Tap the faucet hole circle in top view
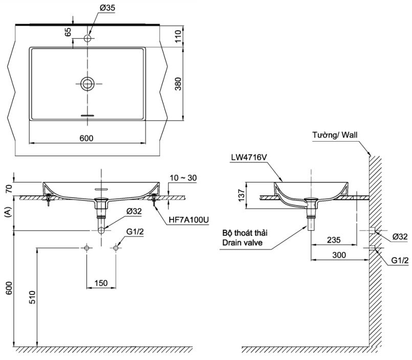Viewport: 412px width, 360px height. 88,38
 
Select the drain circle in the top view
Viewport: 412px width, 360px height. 88,83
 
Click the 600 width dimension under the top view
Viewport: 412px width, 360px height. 87,138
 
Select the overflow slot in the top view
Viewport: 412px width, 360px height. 88,116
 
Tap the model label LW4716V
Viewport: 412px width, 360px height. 249,158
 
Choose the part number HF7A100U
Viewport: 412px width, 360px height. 189,220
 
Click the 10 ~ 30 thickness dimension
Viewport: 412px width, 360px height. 183,178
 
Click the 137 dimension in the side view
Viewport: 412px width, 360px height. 240,195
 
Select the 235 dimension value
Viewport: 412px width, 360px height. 334,240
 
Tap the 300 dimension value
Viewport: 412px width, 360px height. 339,255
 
